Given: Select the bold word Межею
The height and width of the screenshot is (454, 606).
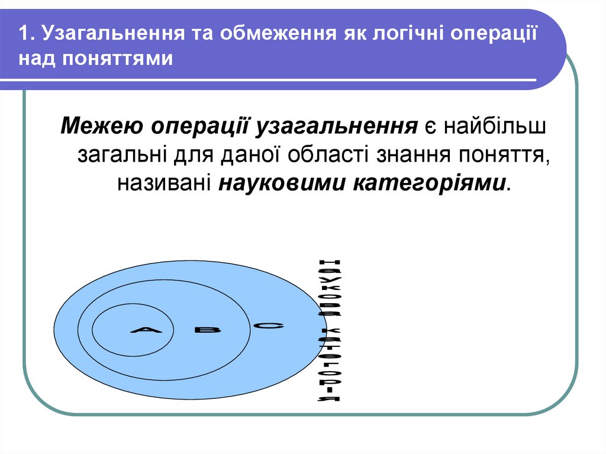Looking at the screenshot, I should [100, 127].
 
